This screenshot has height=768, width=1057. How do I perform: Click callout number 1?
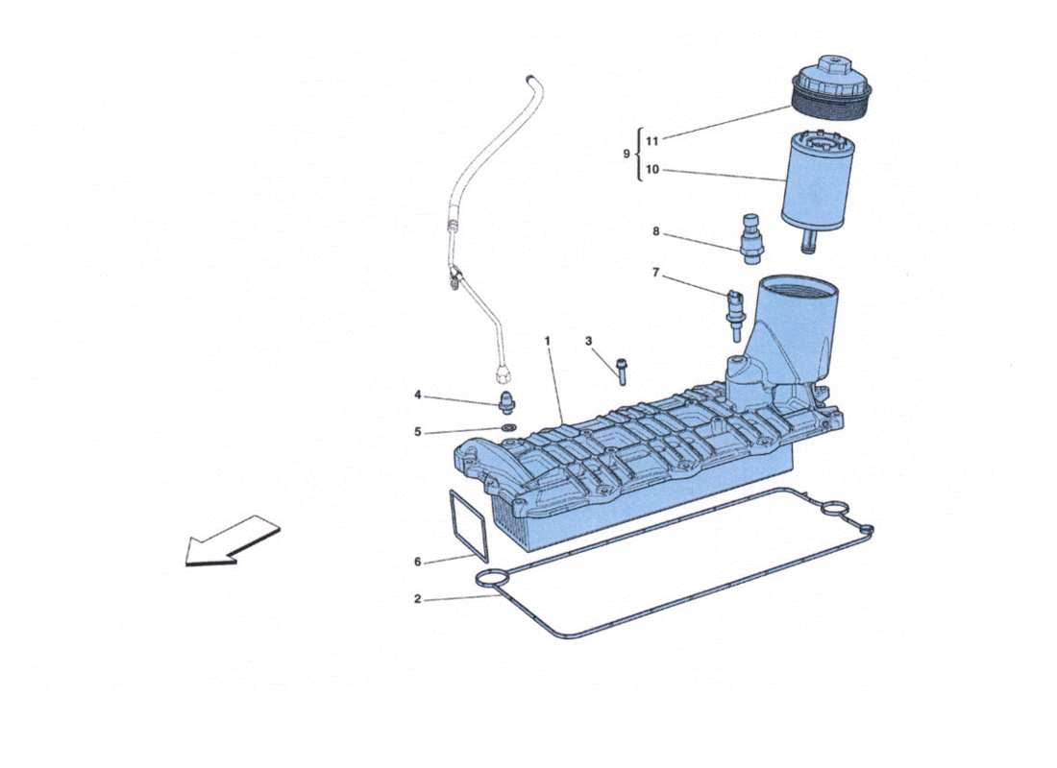pos(548,341)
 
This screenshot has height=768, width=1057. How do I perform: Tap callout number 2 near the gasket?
pos(417,599)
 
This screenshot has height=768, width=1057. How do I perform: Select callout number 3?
pos(589,341)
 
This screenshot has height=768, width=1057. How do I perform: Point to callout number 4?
pos(417,395)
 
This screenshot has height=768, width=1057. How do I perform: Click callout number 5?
pos(417,432)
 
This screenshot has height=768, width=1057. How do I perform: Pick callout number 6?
pos(417,563)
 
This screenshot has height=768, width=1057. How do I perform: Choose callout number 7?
pos(655,273)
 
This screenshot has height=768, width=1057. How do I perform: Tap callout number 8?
pos(655,231)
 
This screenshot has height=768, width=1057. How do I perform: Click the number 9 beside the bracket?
pos(627,154)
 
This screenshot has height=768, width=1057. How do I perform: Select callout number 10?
pos(652,170)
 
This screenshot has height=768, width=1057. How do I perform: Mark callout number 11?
pos(652,140)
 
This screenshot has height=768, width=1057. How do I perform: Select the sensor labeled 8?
pos(750,236)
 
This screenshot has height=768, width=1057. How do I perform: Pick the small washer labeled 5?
pos(507,426)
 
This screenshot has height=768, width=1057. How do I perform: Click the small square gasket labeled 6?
pos(469,524)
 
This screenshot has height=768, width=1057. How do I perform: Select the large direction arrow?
pos(232,542)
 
